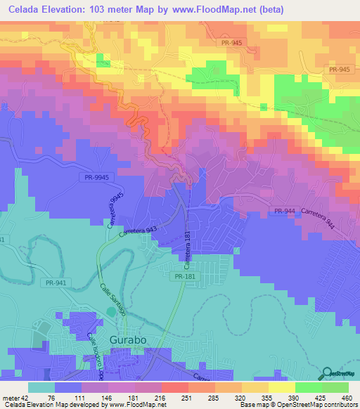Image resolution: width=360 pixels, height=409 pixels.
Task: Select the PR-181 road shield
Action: [x=184, y=277]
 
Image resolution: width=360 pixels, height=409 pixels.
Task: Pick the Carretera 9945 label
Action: [x=110, y=210]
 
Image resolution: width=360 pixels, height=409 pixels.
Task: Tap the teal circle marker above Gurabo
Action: [x=110, y=311]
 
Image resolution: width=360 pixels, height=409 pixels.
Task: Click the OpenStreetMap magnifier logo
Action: [x=328, y=374]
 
